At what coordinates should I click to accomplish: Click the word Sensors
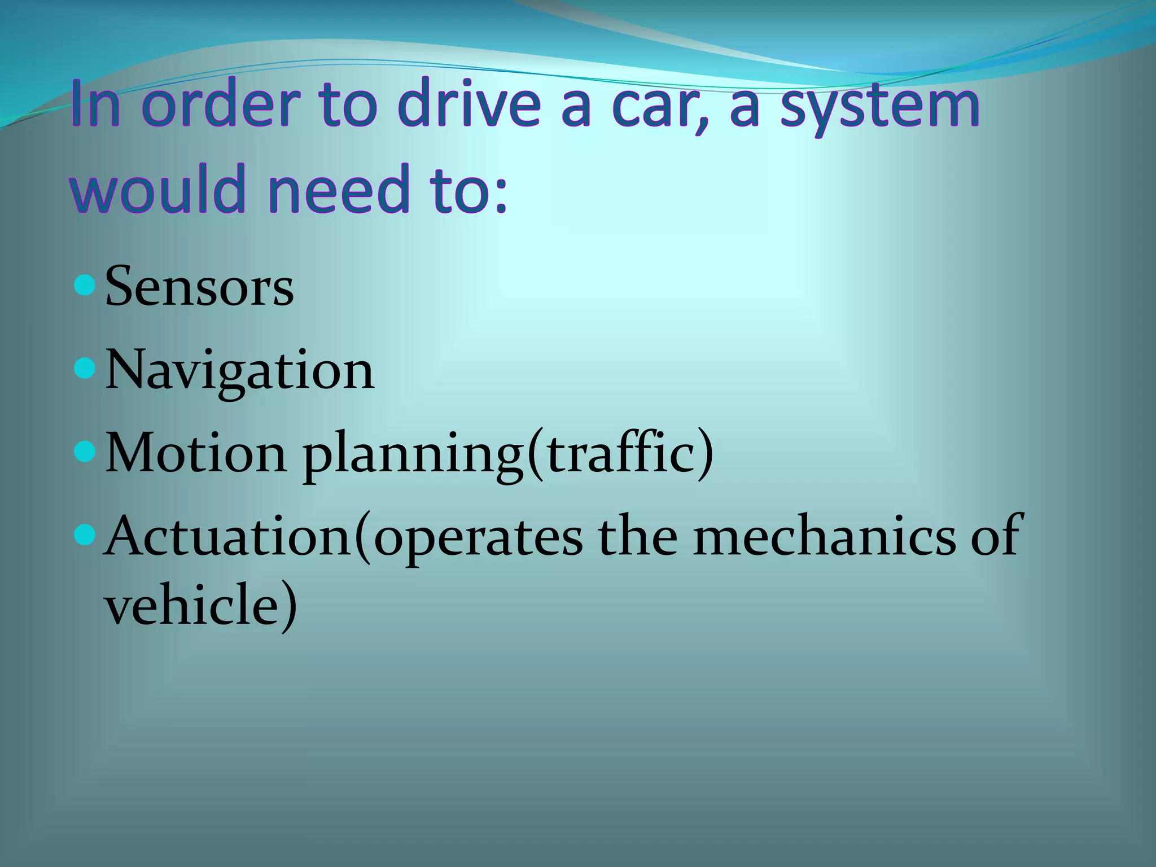[x=199, y=287]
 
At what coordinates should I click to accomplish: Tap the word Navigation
[x=239, y=370]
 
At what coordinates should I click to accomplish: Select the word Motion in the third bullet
[x=196, y=453]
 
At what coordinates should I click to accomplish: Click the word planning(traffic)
[x=508, y=454]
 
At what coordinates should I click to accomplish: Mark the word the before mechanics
[x=638, y=536]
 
